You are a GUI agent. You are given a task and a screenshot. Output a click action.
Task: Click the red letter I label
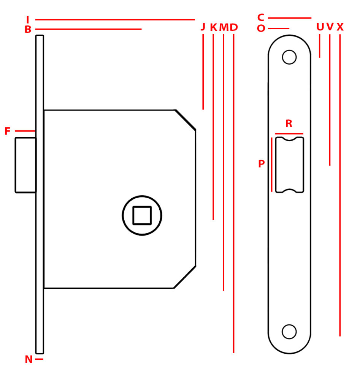(27, 19)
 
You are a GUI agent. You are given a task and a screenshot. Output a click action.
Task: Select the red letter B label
(28, 29)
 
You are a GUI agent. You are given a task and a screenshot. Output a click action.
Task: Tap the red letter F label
(8, 131)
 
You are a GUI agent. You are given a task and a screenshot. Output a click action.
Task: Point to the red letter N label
(29, 359)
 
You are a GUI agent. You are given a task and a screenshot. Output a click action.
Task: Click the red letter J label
(203, 27)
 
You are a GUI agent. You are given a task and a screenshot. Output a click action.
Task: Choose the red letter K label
(214, 27)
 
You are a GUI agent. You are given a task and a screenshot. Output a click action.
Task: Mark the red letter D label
(234, 27)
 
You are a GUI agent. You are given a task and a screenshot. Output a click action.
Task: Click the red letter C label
(261, 17)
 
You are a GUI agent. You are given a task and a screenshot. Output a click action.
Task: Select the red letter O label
(261, 28)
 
